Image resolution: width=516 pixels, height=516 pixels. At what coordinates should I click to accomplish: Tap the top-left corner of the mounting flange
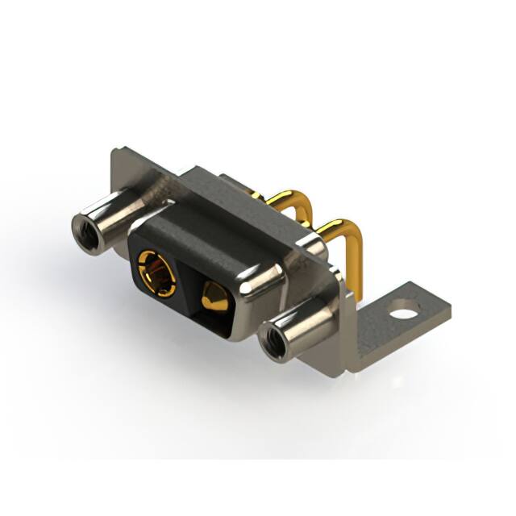pos(117,152)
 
